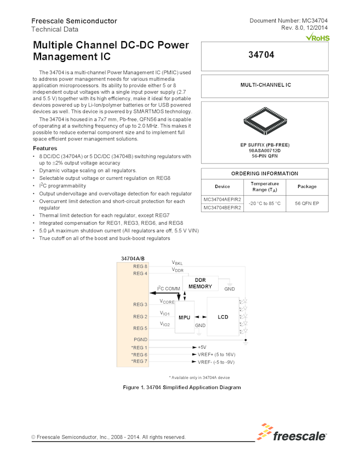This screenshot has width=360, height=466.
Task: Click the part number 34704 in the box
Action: click(x=265, y=55)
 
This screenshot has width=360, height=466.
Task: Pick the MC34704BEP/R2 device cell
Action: click(x=222, y=208)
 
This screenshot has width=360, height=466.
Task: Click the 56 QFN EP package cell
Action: click(x=307, y=204)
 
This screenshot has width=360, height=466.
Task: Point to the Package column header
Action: click(x=307, y=186)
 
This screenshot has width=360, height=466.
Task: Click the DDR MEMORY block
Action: click(x=200, y=283)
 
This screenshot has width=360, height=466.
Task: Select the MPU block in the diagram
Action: click(x=184, y=317)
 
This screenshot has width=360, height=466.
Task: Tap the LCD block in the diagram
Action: click(x=222, y=317)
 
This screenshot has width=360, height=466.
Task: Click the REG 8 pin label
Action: click(x=140, y=266)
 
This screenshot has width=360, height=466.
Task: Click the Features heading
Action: click(x=44, y=149)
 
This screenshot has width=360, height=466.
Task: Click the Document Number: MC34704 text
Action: click(x=288, y=21)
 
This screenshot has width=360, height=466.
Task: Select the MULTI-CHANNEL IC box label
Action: click(x=265, y=86)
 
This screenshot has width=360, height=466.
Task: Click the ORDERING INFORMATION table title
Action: click(x=265, y=173)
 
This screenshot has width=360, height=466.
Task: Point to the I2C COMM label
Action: click(x=168, y=288)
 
